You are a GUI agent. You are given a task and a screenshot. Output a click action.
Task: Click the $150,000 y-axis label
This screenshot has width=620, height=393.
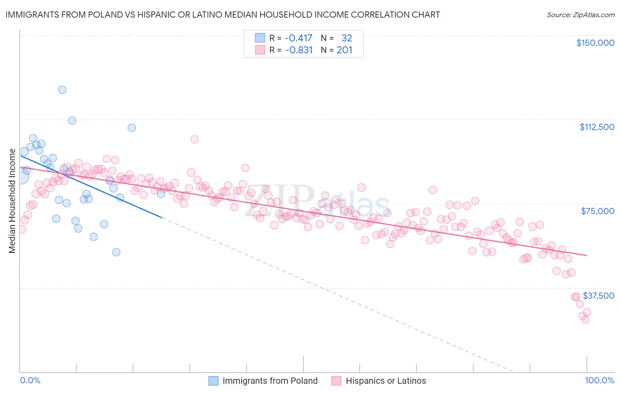coord(595,43)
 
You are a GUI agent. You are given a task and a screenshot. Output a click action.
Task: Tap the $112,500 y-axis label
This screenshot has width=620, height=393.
coord(597,127)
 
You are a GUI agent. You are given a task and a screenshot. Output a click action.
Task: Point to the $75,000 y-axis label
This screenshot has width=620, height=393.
coord(598,211)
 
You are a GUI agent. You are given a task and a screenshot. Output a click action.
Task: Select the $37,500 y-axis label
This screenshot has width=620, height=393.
coord(598,296)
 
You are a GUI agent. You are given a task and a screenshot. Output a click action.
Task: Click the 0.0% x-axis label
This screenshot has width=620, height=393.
coord(30,381)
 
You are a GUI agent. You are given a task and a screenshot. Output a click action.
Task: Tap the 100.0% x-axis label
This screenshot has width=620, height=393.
coord(599,381)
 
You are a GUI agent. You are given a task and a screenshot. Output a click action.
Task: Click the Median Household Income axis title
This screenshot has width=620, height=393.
coord(12,201)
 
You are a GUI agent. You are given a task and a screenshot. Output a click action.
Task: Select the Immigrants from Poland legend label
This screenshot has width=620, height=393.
coord(270,381)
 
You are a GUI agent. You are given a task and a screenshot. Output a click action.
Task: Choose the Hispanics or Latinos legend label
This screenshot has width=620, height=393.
coord(386,381)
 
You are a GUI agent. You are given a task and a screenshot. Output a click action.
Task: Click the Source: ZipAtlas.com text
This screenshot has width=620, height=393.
coord(580,15)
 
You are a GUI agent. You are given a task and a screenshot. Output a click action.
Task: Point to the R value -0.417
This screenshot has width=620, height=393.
coord(299,38)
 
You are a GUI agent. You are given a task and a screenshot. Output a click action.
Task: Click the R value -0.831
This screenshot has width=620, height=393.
coord(299,50)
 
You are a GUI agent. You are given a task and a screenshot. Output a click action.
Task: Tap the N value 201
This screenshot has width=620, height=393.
coord(344,50)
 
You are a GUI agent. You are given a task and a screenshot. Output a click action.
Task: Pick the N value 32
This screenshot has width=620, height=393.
coord(347,38)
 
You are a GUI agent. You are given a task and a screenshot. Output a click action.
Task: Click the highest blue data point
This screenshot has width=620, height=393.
coord(62,90)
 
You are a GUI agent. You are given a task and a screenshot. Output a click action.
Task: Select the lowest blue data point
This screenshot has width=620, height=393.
coord(116,252)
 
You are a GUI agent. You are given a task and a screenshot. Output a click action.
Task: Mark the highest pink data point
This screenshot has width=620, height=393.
coord(194,139)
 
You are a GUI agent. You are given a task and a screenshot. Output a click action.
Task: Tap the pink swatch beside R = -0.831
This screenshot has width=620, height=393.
coord(260,50)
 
